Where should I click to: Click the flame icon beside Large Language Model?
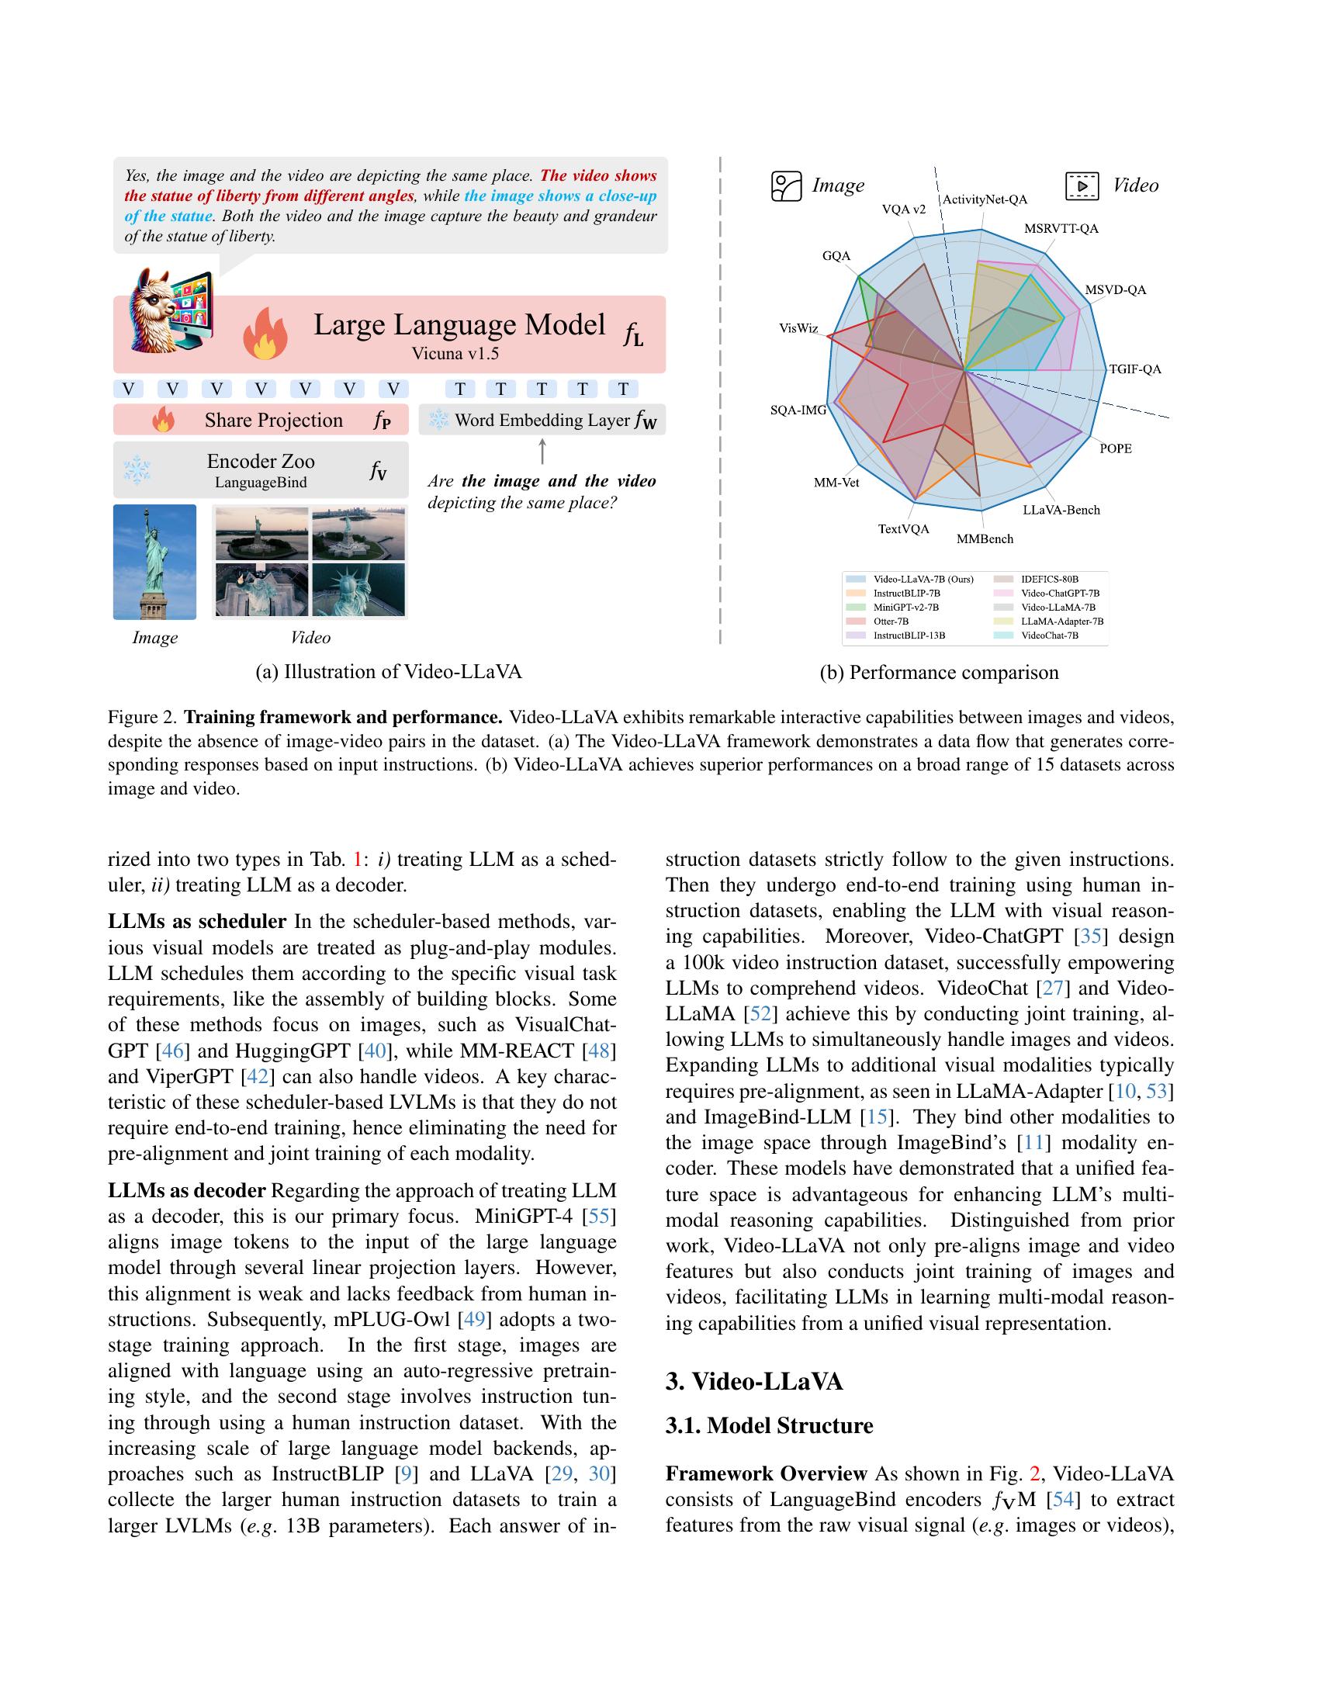[x=265, y=333]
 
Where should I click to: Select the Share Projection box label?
[x=273, y=421]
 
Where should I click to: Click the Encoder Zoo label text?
[x=260, y=461]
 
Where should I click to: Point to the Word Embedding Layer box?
[x=542, y=421]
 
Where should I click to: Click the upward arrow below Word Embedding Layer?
[x=542, y=452]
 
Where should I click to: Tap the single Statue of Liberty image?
[x=154, y=562]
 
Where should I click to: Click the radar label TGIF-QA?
[x=1135, y=369]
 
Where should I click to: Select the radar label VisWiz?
[x=798, y=328]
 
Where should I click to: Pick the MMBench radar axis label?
[x=985, y=538]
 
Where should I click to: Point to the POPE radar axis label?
[x=1115, y=448]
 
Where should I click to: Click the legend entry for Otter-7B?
[x=891, y=622]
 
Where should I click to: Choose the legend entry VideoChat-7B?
[x=1050, y=635]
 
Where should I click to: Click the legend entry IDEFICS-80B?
[x=1050, y=579]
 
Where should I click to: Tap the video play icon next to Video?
[x=1082, y=186]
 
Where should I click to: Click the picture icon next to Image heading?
[x=786, y=186]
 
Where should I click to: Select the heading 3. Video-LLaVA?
[x=754, y=1381]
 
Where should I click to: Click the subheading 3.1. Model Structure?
[x=769, y=1425]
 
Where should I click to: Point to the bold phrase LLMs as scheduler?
[x=197, y=922]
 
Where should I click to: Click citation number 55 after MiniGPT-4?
[x=600, y=1216]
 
